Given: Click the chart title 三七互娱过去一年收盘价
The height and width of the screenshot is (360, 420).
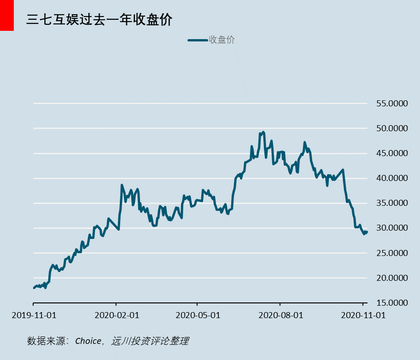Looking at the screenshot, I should pos(99,19).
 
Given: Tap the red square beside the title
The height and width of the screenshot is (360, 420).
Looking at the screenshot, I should pos(7,15).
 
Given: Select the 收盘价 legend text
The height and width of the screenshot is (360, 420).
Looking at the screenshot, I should pos(222,40).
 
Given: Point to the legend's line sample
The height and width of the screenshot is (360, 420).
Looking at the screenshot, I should pos(198,41).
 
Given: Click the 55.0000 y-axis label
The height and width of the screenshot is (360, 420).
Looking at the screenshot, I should pos(392,104).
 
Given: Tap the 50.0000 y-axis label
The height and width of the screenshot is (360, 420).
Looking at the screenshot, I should pos(392,128).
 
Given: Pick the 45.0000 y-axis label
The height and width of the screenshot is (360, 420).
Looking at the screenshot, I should pos(392,153).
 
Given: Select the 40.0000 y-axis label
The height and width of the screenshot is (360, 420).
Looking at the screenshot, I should pos(392,178).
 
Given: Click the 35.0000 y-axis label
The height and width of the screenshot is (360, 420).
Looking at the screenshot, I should pos(392,203).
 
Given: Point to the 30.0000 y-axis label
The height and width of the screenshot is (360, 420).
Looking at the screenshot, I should pos(392,228).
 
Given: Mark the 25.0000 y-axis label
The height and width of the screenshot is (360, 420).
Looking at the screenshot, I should pos(392,253).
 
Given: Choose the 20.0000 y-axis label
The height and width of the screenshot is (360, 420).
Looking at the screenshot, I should pos(392,278).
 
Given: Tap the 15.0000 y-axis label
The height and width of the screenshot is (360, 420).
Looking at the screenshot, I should pos(392,303).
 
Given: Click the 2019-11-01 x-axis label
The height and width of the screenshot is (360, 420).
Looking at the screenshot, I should pos(34,315).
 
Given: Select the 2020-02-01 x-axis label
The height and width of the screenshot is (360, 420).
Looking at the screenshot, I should pos(116,315).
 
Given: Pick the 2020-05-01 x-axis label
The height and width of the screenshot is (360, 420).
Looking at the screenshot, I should pos(198,315).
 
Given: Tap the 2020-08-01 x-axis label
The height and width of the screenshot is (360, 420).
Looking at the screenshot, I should pos(280,315).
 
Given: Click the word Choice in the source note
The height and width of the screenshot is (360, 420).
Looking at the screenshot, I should pos(88,341).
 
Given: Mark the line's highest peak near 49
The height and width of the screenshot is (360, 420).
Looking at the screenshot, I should pos(262,132).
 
